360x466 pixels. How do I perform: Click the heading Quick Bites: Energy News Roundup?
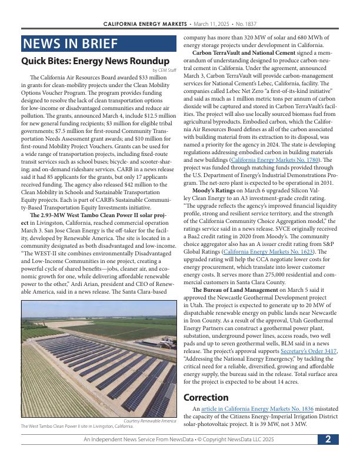(95, 61)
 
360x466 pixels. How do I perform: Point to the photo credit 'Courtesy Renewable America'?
(150, 421)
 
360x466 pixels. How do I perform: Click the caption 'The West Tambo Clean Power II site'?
(77, 426)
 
